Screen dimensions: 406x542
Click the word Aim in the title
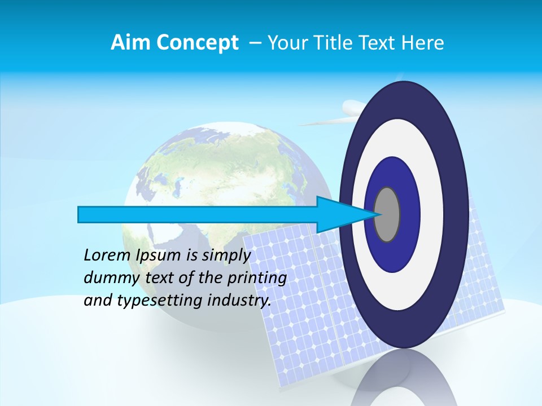click(x=129, y=43)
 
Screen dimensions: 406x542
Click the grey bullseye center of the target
click(x=387, y=214)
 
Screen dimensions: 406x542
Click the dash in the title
click(x=255, y=43)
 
